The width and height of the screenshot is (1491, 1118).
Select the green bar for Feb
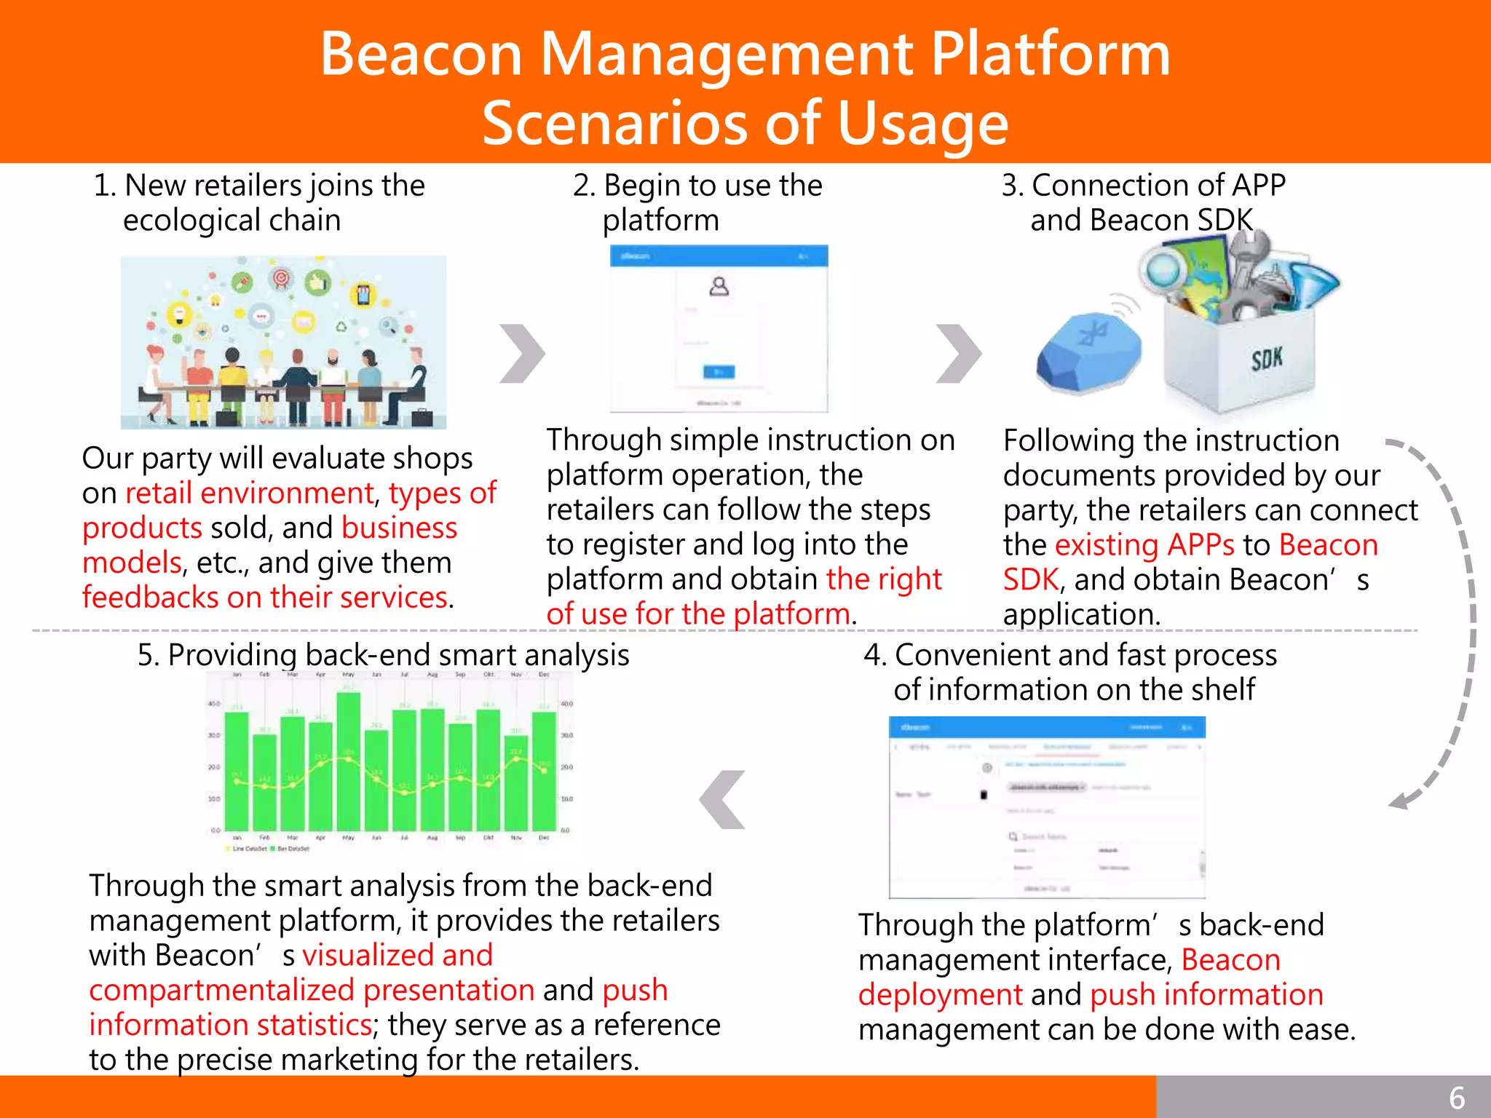(x=264, y=782)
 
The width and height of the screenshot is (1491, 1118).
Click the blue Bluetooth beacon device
(x=1088, y=350)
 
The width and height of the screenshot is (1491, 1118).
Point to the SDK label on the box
(x=1267, y=358)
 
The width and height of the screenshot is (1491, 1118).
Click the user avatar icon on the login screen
(x=719, y=286)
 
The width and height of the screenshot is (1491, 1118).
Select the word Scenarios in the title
(x=615, y=122)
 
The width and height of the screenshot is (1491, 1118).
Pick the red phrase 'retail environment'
(x=250, y=493)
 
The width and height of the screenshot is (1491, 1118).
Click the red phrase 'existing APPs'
(x=1144, y=545)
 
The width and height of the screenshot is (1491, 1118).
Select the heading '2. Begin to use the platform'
(x=697, y=202)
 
